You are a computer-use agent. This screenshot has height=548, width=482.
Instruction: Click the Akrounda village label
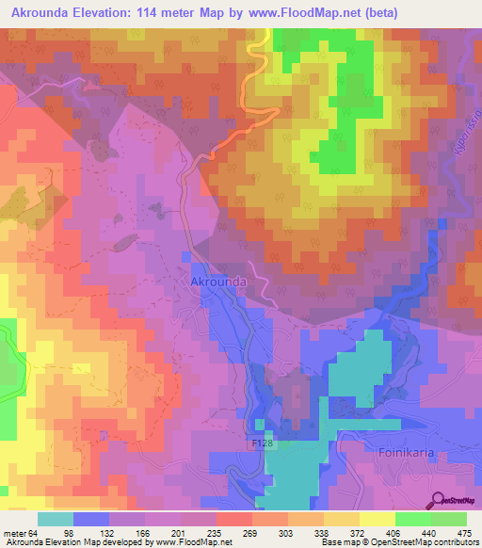pos(218,281)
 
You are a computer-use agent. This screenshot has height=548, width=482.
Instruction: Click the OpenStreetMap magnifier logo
pos(439,499)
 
